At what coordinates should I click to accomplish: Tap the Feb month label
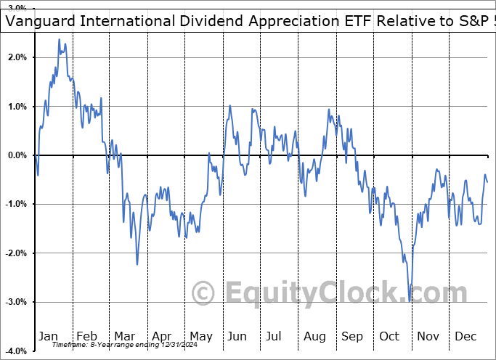86,336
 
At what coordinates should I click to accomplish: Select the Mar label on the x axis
125,336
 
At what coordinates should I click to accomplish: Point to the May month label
200,336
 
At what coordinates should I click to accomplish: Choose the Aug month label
314,336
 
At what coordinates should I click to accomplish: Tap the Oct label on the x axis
390,336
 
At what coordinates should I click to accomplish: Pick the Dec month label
465,336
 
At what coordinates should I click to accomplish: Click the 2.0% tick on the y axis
17,57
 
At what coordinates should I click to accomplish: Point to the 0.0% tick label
17,155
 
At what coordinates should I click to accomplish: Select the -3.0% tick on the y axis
15,302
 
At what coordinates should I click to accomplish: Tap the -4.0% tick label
15,351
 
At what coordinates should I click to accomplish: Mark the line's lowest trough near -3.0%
410,300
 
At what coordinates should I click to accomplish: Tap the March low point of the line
137,264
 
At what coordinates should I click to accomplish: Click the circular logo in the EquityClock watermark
203,292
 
